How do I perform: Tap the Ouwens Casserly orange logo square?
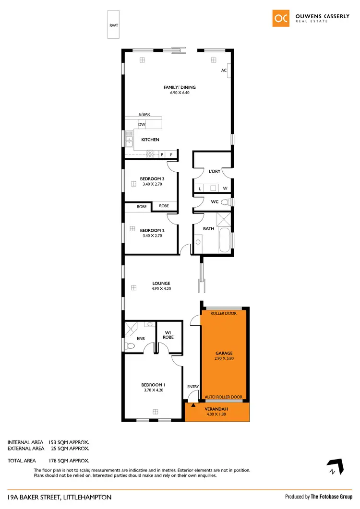(281, 18)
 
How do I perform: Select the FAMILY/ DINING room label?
(180, 87)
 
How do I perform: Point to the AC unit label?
(224, 70)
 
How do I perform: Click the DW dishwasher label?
(142, 125)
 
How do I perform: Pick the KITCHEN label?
(150, 140)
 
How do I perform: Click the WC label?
(215, 202)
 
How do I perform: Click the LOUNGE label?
(161, 284)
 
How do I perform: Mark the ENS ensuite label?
(141, 339)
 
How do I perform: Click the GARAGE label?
(224, 353)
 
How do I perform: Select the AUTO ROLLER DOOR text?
(224, 397)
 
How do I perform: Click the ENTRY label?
(192, 386)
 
